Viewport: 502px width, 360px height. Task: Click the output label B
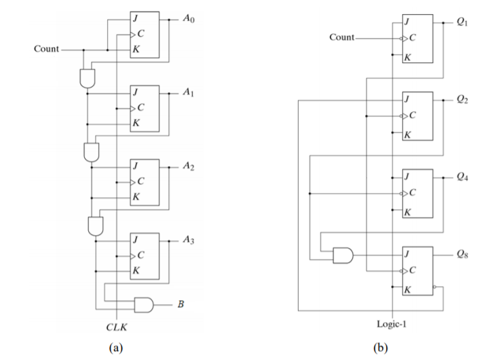click(180, 305)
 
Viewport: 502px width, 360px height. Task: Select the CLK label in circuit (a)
click(117, 327)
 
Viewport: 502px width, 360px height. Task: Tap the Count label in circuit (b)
click(341, 37)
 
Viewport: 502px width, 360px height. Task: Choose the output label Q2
click(463, 99)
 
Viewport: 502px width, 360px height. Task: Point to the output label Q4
click(463, 177)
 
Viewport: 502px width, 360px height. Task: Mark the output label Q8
click(463, 255)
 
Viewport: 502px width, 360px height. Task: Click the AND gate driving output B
click(144, 305)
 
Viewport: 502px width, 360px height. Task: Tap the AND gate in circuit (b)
click(343, 255)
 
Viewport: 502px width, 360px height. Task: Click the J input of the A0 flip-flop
click(136, 17)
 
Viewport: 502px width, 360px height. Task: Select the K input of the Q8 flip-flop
click(407, 288)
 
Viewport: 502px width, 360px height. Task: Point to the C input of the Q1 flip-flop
click(410, 37)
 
